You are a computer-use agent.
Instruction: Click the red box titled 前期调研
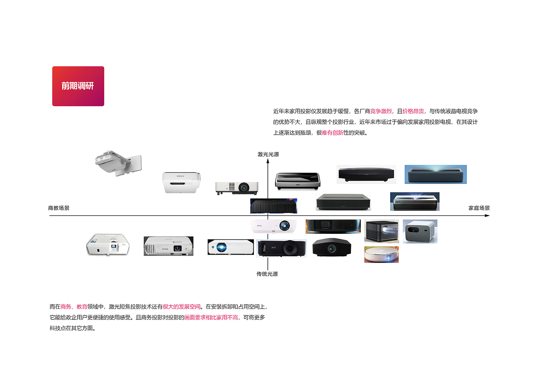(78, 86)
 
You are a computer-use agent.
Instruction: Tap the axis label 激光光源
(268, 154)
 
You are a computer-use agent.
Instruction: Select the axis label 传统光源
(267, 274)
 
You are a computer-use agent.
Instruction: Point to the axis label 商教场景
(59, 208)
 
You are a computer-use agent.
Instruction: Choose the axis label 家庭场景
(479, 208)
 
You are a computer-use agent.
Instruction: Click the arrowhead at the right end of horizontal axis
(487, 216)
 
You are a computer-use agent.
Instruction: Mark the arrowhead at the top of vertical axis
(268, 161)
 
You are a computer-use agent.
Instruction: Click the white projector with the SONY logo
(181, 182)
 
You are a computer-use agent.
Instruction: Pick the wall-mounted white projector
(118, 163)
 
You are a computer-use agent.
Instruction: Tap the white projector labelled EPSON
(168, 246)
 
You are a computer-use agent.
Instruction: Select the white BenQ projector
(273, 226)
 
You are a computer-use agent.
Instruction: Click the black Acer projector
(281, 248)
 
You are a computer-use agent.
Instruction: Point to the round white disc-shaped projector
(381, 254)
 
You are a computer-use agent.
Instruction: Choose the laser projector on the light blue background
(436, 174)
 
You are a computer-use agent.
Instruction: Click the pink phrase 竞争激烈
(381, 111)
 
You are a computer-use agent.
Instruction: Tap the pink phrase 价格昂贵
(413, 111)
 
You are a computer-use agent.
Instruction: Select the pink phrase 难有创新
(332, 133)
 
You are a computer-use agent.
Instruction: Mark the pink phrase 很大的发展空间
(182, 307)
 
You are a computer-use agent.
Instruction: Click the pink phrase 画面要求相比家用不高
(211, 317)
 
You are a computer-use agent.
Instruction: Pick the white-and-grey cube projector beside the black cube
(420, 231)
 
